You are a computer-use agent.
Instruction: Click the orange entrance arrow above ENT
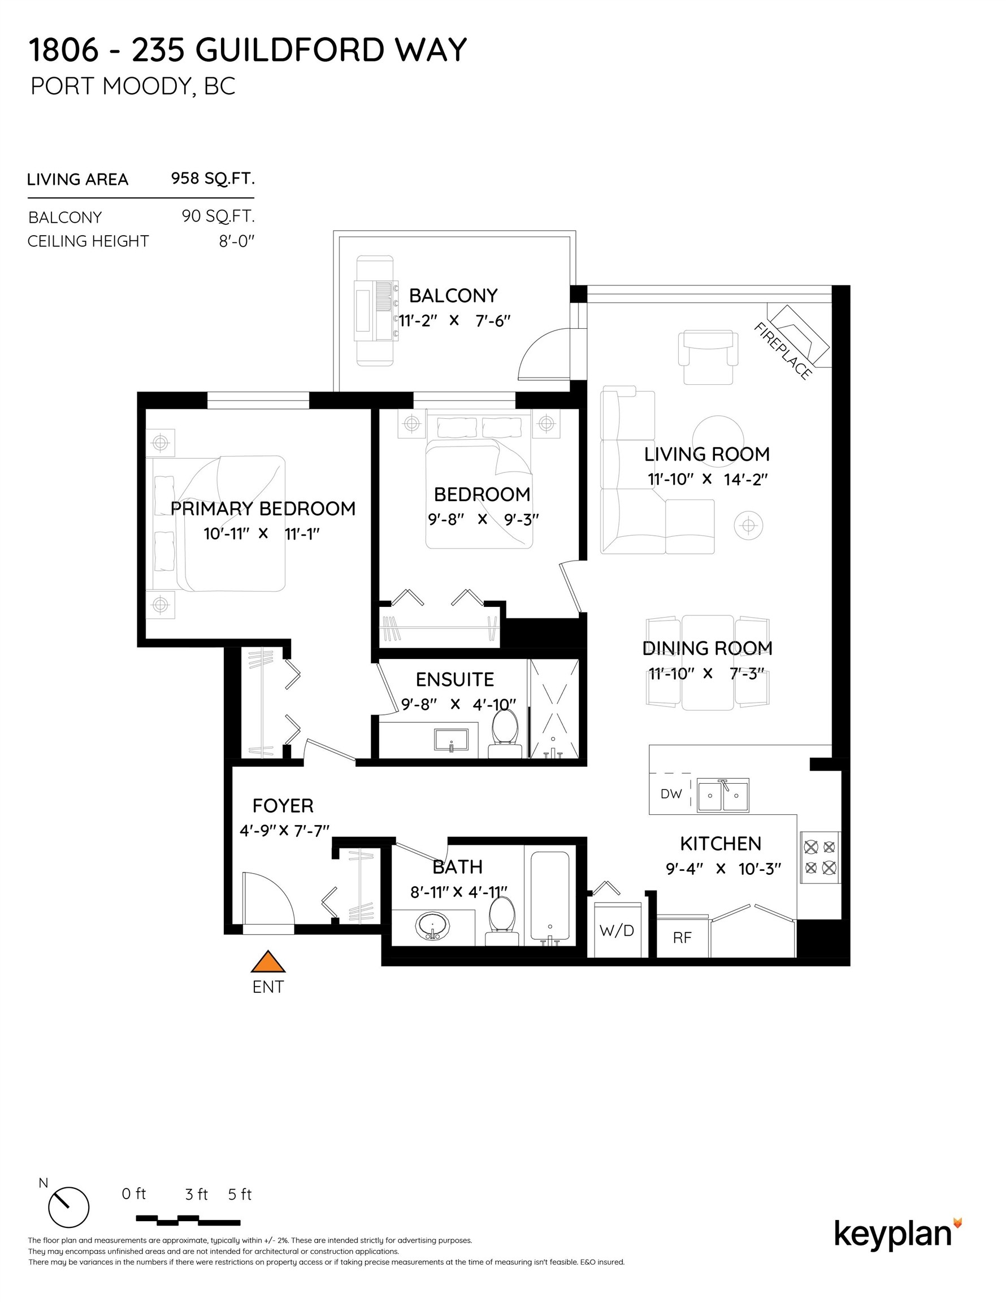point(268,962)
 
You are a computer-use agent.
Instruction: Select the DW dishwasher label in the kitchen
point(671,794)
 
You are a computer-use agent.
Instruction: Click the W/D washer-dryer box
point(617,930)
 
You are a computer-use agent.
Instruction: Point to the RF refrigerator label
point(682,938)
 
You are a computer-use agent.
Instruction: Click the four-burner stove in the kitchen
point(820,857)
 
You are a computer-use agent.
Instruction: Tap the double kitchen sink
point(723,795)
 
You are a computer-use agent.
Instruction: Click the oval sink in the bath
point(433,926)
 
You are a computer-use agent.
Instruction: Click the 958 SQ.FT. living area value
point(213,178)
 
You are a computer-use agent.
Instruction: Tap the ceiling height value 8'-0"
point(236,241)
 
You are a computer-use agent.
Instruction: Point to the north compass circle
point(68,1207)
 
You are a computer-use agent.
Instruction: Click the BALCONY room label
point(453,296)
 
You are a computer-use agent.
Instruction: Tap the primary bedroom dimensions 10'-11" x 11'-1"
point(262,533)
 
